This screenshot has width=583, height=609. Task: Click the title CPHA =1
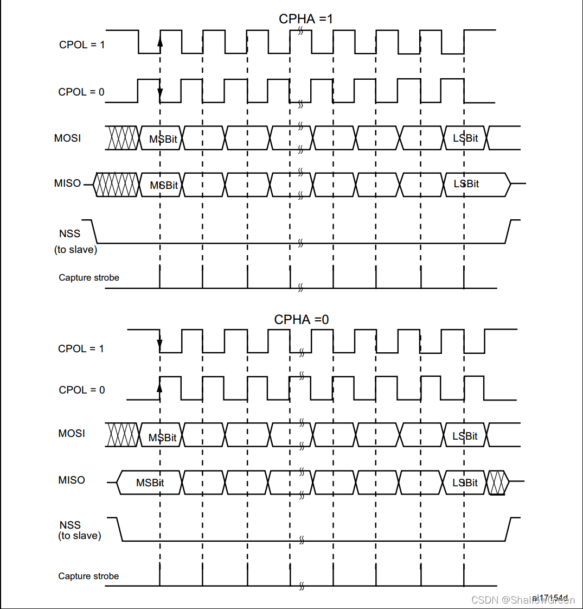pyautogui.click(x=306, y=19)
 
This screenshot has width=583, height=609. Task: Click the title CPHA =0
pyautogui.click(x=302, y=320)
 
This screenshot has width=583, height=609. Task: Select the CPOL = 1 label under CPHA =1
pyautogui.click(x=82, y=45)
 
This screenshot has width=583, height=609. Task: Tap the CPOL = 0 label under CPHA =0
pyautogui.click(x=82, y=390)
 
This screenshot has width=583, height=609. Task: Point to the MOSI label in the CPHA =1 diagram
pyautogui.click(x=68, y=138)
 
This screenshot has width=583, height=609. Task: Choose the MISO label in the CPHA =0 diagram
pyautogui.click(x=72, y=480)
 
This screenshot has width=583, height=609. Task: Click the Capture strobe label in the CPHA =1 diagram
pyautogui.click(x=89, y=278)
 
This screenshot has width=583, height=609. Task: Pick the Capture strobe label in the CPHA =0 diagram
pyautogui.click(x=88, y=576)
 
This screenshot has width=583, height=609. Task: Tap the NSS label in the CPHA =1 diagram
pyautogui.click(x=69, y=234)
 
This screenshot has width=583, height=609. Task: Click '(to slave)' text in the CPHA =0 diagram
pyautogui.click(x=79, y=536)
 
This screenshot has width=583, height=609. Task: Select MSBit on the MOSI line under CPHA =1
pyautogui.click(x=163, y=139)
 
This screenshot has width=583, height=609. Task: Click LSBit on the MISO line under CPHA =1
pyautogui.click(x=466, y=184)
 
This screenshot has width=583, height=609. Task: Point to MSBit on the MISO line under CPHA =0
pyautogui.click(x=150, y=483)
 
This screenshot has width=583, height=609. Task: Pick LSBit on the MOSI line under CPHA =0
pyautogui.click(x=465, y=436)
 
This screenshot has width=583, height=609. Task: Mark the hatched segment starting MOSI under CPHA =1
pyautogui.click(x=123, y=138)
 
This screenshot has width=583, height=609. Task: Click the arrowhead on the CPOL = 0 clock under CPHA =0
pyautogui.click(x=160, y=386)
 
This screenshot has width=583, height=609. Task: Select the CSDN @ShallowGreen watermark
pyautogui.click(x=522, y=600)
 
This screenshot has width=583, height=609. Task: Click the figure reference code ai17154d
pyautogui.click(x=549, y=598)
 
